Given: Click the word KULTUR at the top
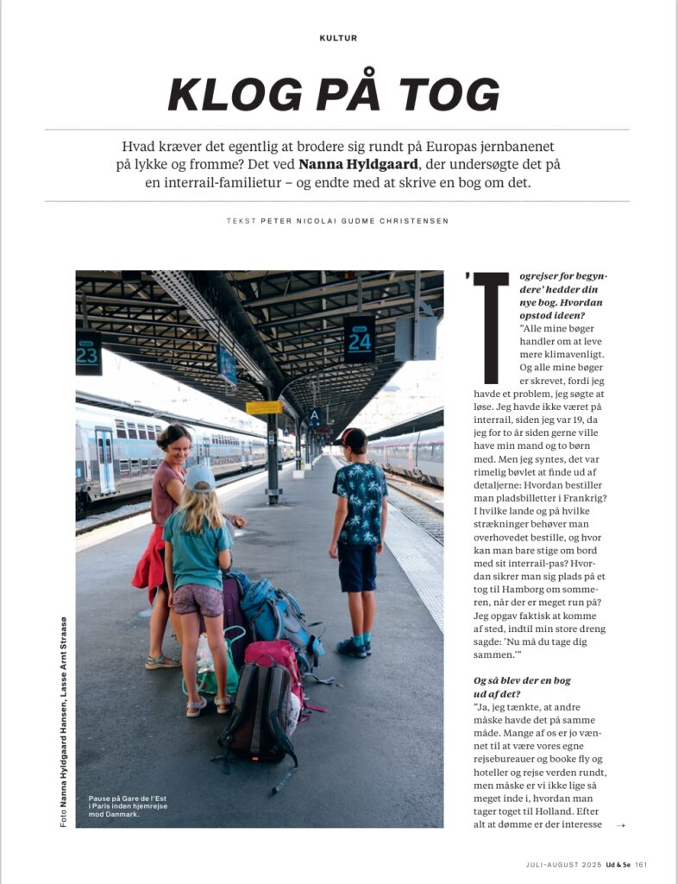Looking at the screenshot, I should pyautogui.click(x=338, y=38).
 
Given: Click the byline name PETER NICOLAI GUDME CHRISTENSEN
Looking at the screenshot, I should pyautogui.click(x=355, y=221).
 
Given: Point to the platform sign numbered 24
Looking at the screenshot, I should pyautogui.click(x=359, y=338).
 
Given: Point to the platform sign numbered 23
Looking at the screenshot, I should pyautogui.click(x=88, y=353).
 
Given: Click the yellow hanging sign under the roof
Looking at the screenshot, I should pyautogui.click(x=264, y=407).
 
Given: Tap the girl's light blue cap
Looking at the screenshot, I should pyautogui.click(x=199, y=477).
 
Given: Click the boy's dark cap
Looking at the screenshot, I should pyautogui.click(x=355, y=439).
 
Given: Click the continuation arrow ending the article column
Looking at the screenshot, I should pyautogui.click(x=621, y=825).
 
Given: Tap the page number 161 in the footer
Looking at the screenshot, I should pyautogui.click(x=640, y=864).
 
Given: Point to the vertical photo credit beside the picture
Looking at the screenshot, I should pyautogui.click(x=64, y=722).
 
